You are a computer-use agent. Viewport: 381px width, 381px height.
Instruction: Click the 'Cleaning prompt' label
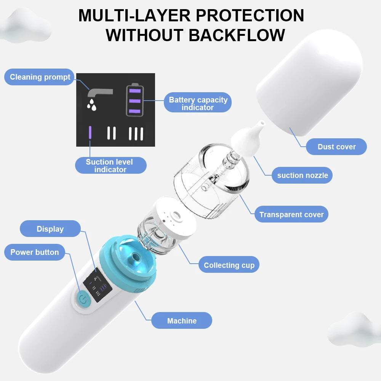pos(40,77)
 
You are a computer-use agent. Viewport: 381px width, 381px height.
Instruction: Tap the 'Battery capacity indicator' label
pos(198,103)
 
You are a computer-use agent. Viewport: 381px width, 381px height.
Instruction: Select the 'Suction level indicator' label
pos(110,165)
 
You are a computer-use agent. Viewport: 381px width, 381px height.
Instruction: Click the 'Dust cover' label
pos(336,147)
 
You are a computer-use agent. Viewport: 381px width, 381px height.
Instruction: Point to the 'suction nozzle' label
pos(302,175)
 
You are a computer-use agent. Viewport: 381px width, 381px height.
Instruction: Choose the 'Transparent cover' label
pos(291,215)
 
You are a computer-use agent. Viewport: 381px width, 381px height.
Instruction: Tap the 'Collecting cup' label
pos(229,265)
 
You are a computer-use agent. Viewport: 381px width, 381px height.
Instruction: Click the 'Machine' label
pos(182,321)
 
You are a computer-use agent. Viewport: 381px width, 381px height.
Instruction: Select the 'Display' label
pos(50,229)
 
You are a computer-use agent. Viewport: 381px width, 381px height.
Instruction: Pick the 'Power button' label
pos(35,252)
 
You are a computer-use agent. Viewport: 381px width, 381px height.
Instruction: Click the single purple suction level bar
pos(90,133)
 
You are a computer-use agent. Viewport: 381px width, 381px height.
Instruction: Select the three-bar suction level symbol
pos(136,133)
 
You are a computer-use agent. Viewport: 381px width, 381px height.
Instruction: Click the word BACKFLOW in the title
pos(237,35)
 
